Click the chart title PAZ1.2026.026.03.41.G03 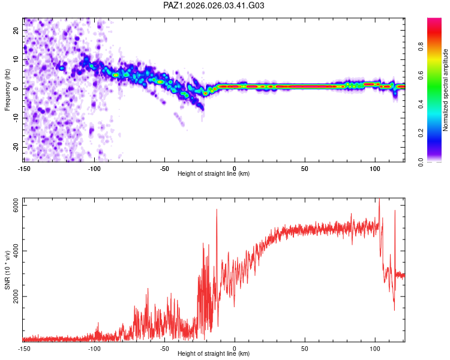pyautogui.click(x=214, y=5)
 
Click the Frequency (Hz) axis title pyautogui.click(x=8, y=89)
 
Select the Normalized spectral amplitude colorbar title pyautogui.click(x=446, y=90)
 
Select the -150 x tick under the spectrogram pyautogui.click(x=24, y=169)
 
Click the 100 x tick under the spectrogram pyautogui.click(x=375, y=169)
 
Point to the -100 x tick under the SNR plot pyautogui.click(x=94, y=349)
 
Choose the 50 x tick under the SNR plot pyautogui.click(x=305, y=349)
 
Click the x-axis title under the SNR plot pyautogui.click(x=214, y=354)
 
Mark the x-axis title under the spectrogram pyautogui.click(x=214, y=174)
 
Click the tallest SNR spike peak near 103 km pyautogui.click(x=379, y=199)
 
